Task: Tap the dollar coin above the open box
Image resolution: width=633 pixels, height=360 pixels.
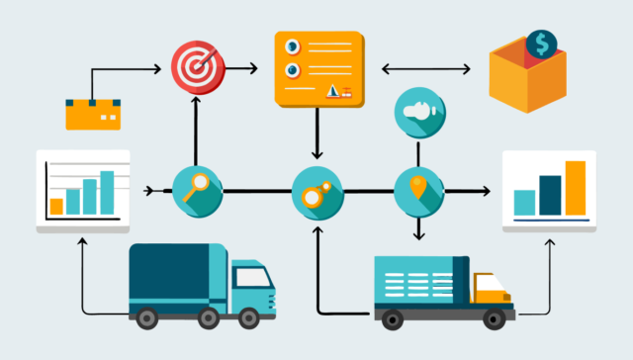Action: pos(540,43)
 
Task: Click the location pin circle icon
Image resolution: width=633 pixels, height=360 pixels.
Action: pos(418,190)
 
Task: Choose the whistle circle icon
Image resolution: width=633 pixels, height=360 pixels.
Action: pos(417,111)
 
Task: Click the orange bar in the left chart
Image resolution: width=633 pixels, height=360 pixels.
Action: pos(56,206)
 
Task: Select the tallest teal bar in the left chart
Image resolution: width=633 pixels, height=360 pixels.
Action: pos(107,192)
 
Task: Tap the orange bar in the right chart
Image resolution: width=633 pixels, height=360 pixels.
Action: pos(575,188)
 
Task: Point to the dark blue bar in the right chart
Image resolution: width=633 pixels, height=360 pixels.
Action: pos(550,195)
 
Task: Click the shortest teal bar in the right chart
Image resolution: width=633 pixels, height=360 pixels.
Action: pos(525,203)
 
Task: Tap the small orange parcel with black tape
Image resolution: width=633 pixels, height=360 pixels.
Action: pos(92,114)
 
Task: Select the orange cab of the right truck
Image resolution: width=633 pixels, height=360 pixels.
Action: pos(492,290)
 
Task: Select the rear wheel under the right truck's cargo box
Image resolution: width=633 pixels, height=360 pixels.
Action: pos(393,317)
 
